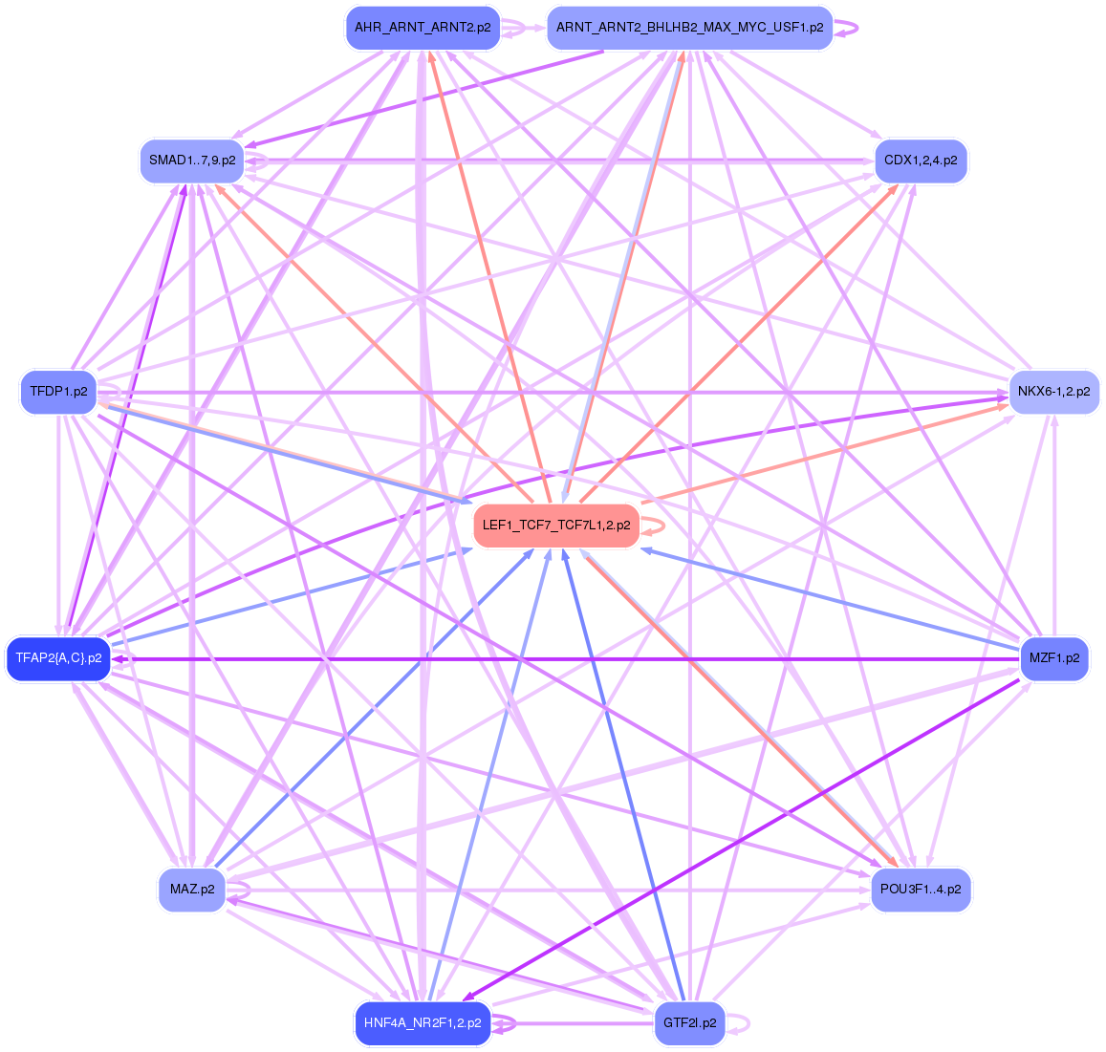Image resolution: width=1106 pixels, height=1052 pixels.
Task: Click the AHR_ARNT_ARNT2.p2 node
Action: [x=423, y=29]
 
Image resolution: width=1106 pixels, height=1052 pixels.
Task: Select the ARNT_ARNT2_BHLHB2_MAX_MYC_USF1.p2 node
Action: [x=689, y=29]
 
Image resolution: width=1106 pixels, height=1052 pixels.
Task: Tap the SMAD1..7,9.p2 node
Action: [x=192, y=161]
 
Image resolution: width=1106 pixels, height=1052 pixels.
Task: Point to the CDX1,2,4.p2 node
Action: [x=921, y=161]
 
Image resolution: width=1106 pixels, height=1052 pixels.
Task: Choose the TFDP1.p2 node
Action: [x=58, y=392]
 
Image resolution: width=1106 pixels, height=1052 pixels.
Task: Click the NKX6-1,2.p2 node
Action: [x=1053, y=392]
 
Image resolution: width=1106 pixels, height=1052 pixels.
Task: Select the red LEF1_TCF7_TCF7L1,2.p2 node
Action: [x=555, y=526]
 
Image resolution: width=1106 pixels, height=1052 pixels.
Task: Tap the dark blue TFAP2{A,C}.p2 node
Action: [x=58, y=658]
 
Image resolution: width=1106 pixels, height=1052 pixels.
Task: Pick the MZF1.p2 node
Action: [x=1053, y=658]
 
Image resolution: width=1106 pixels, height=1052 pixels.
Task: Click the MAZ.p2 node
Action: [x=191, y=891]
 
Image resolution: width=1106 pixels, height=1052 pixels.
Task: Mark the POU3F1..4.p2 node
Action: [x=921, y=891]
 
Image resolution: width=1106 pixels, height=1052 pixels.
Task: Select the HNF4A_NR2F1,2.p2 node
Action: [x=422, y=1023]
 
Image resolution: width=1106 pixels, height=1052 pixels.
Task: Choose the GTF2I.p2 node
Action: [x=689, y=1023]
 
